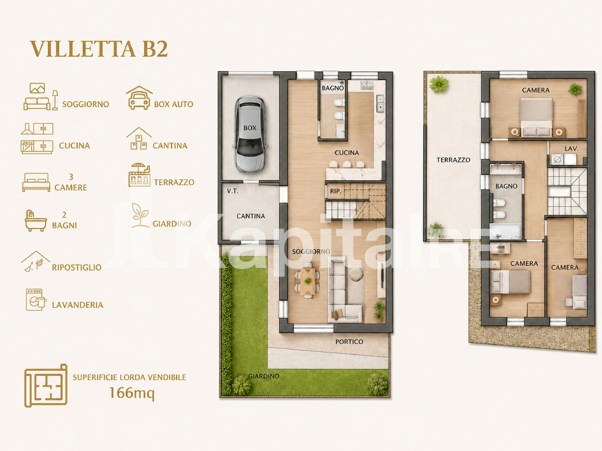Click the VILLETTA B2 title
99,49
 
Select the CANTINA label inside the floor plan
250,216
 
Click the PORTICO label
349,342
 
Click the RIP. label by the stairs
335,191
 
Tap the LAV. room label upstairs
571,149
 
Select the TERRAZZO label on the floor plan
453,160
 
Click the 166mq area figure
132,393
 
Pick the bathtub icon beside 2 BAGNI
35,221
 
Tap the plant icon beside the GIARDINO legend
140,215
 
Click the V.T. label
232,191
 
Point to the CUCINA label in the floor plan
347,153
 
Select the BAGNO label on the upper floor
506,186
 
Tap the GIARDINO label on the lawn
264,376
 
